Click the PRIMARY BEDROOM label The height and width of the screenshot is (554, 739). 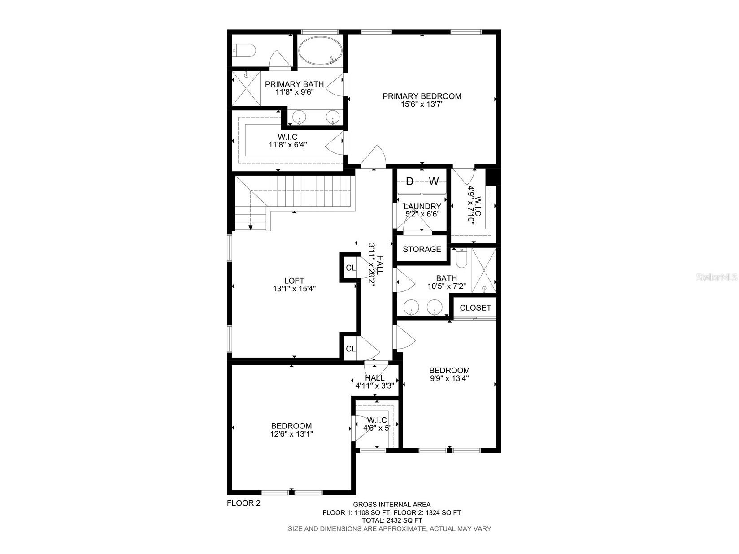(x=422, y=96)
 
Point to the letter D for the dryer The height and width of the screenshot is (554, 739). (x=409, y=182)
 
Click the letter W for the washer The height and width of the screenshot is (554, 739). (x=434, y=182)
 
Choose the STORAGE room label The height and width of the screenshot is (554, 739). (x=422, y=249)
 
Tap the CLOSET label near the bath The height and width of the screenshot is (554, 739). (x=475, y=308)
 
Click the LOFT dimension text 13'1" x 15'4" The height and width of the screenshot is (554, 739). (x=294, y=289)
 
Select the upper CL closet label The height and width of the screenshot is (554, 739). (x=351, y=268)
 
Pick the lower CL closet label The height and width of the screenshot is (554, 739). (x=351, y=349)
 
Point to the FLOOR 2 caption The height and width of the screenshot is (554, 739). (x=243, y=503)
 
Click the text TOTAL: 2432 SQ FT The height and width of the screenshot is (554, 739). (x=392, y=520)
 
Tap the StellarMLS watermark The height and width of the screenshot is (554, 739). (x=716, y=278)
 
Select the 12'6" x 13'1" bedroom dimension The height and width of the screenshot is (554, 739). (x=291, y=434)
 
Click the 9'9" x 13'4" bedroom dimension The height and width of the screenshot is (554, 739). (x=449, y=378)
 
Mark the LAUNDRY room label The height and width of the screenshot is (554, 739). (x=422, y=207)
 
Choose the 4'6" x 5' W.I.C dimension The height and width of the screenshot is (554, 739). (x=377, y=428)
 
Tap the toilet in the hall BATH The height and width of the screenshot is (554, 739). (x=461, y=258)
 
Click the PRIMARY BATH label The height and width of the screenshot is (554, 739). (x=294, y=84)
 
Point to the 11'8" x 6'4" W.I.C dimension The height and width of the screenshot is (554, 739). (x=287, y=145)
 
